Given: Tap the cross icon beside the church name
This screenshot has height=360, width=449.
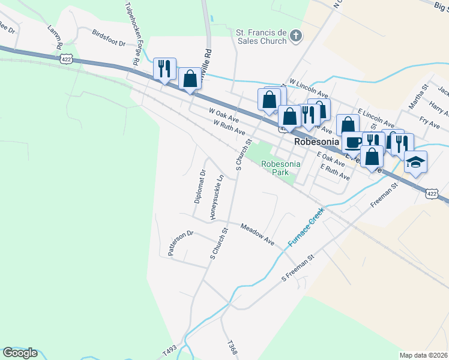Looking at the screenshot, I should click(295, 37).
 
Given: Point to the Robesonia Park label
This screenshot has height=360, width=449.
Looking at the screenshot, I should click(276, 167).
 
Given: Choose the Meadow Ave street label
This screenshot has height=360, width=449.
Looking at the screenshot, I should click(258, 233).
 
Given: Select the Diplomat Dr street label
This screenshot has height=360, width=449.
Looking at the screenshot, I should click(200, 186).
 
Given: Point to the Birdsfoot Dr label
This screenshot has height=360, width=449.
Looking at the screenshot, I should click(109, 38).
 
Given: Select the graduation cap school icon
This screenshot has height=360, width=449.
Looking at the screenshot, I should click(415, 162).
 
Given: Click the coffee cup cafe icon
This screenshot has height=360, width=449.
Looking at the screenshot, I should click(354, 142).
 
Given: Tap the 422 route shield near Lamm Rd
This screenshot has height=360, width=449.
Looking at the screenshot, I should click(66, 59).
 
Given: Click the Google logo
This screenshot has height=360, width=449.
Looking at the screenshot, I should click(20, 353).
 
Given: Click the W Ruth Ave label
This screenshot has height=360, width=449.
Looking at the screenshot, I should click(229, 127).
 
